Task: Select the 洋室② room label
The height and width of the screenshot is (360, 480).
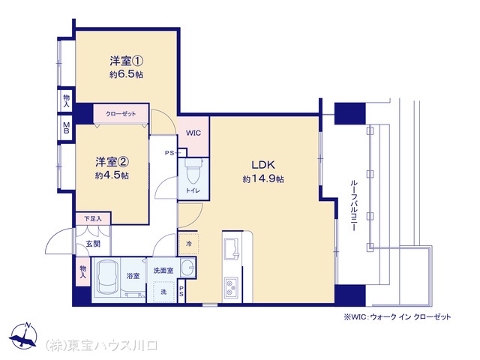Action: pyautogui.click(x=111, y=162)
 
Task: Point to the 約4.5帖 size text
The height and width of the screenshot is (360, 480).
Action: pyautogui.click(x=111, y=175)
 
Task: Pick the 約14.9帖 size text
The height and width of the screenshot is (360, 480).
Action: pyautogui.click(x=262, y=180)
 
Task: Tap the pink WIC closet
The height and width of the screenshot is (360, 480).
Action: pyautogui.click(x=193, y=133)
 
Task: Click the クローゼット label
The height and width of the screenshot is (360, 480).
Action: pyautogui.click(x=120, y=114)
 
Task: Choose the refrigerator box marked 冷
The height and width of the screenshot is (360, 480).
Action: pyautogui.click(x=187, y=244)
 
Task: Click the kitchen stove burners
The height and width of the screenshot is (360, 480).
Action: pyautogui.click(x=230, y=286)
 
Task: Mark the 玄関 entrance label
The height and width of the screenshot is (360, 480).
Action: pyautogui.click(x=92, y=244)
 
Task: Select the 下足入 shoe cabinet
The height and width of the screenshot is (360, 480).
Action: pyautogui.click(x=92, y=218)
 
